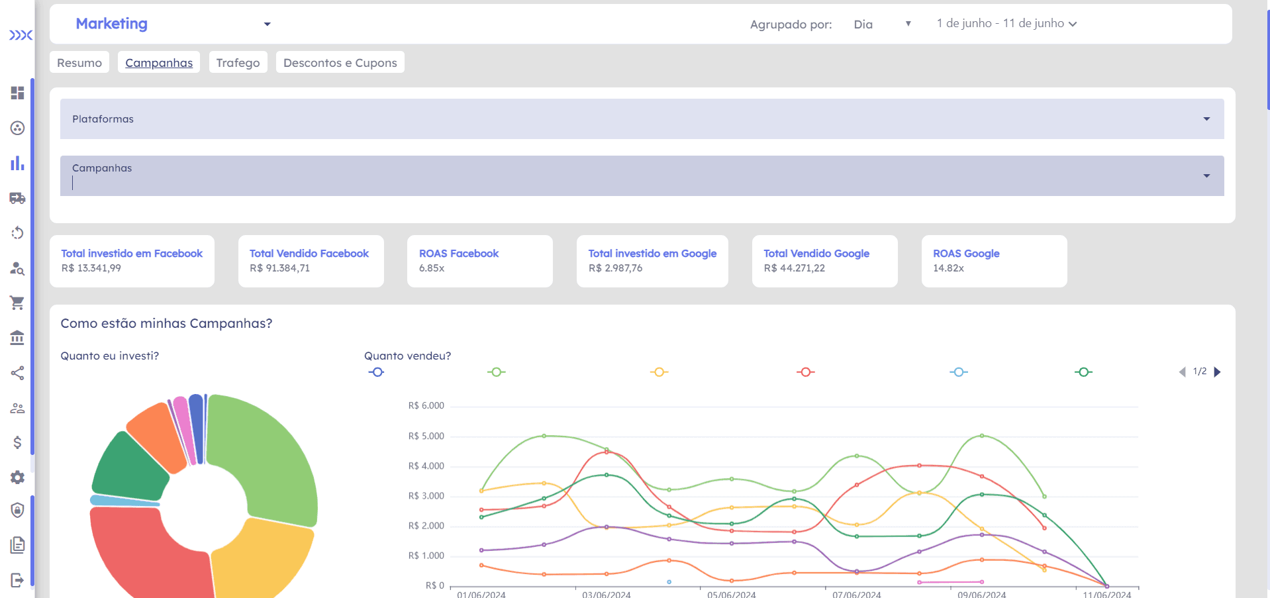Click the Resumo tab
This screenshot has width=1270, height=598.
(x=79, y=63)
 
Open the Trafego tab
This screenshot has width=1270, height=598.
(x=238, y=63)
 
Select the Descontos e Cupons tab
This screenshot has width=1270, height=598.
(x=340, y=63)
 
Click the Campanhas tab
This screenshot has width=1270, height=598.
(x=159, y=63)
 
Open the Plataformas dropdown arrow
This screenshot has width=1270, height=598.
(x=1206, y=119)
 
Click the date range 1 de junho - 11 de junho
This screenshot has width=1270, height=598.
(x=1006, y=24)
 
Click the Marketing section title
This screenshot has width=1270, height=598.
(x=112, y=24)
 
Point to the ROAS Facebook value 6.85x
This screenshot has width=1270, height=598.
(x=432, y=268)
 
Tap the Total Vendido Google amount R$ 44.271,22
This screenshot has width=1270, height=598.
(x=795, y=268)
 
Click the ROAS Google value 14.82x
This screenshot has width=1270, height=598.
(x=948, y=268)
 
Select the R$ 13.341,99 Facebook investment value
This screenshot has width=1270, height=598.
(x=91, y=268)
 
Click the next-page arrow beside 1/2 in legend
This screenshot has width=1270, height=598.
(x=1217, y=372)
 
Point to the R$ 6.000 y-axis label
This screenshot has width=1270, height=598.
(x=426, y=406)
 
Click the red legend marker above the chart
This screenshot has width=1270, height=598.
(x=806, y=372)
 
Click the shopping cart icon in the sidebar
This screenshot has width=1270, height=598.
(x=17, y=303)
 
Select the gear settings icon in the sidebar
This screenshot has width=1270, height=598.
(x=17, y=477)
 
